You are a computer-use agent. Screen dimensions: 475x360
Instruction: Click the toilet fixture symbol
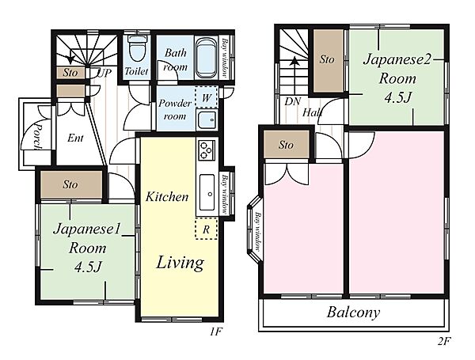pos(137,48)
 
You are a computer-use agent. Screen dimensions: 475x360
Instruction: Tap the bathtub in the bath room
pos(207,58)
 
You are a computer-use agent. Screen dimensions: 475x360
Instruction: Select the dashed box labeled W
pos(207,97)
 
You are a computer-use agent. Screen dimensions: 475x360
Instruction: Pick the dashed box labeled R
pos(207,229)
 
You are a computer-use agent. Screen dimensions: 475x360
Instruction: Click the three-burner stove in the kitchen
pos(207,150)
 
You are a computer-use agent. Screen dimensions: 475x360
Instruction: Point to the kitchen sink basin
pos(207,192)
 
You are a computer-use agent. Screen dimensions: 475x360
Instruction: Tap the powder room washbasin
pos(207,120)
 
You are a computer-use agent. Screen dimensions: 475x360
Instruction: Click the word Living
pos(180,263)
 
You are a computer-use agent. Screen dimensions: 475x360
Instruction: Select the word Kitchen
pos(167,197)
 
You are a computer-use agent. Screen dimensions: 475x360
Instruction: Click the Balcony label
pos(353,313)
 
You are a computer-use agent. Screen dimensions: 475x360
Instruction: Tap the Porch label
pos(37,135)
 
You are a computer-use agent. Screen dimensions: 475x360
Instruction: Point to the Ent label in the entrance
pos(75,138)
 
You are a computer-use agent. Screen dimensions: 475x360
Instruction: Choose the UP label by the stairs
pos(104,73)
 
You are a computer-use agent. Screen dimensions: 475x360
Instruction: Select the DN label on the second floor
pos(292,101)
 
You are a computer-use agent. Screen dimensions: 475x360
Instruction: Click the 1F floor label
pos(216,332)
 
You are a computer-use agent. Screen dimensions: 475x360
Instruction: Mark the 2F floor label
pos(444,342)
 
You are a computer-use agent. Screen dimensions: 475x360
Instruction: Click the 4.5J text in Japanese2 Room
pos(397,97)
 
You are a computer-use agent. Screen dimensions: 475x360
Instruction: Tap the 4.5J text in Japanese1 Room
pos(88,267)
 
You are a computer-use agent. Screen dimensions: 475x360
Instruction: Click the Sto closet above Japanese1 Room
pos(71,184)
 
